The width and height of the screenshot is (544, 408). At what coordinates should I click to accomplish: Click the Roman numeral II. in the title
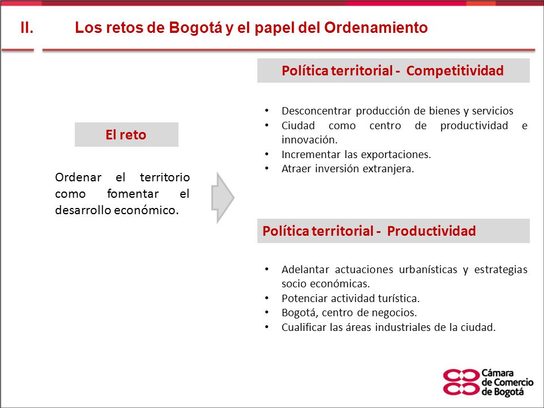[27, 28]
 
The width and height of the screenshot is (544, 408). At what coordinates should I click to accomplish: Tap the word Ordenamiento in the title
[376, 28]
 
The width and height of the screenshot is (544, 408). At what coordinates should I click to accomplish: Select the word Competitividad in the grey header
[455, 71]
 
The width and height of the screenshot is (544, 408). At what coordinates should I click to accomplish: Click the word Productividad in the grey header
[431, 231]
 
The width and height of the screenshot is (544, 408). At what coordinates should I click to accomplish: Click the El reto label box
[126, 135]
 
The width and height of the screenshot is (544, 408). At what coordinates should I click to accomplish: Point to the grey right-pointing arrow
[223, 198]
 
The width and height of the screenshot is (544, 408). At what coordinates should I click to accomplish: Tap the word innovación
[309, 140]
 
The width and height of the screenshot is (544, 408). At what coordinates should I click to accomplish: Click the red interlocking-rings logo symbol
[461, 382]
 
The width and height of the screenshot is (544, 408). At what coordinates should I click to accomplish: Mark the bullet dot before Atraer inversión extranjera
[267, 169]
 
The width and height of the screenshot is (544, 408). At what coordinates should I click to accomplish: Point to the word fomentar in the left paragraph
[133, 194]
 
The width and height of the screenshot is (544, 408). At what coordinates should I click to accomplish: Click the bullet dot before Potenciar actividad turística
[267, 298]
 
